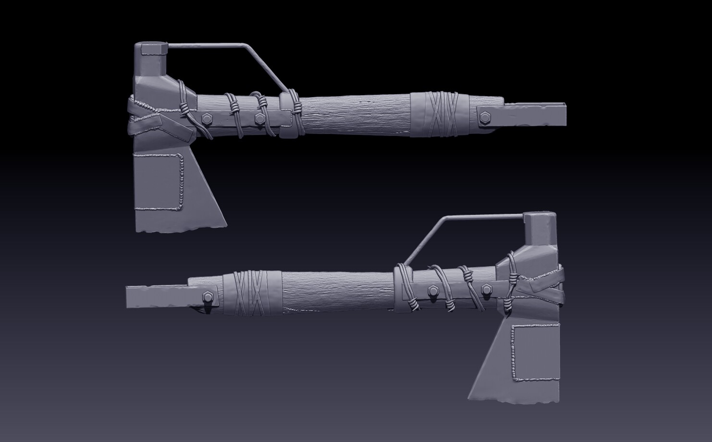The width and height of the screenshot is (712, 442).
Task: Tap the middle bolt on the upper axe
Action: click(x=259, y=117)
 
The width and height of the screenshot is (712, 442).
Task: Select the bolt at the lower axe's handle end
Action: click(x=209, y=297)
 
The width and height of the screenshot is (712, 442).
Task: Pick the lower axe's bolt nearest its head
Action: click(x=486, y=289)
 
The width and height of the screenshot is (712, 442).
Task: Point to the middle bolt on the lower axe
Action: click(x=432, y=290)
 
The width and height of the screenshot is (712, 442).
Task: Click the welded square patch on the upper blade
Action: click(x=159, y=182)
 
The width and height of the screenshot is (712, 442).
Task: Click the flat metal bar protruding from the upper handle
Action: click(x=533, y=114)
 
